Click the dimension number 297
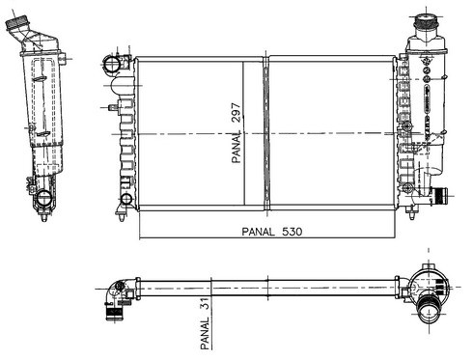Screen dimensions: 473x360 pos(236,112)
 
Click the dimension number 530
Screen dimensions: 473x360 pos(292,232)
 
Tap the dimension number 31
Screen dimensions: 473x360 pos(205,304)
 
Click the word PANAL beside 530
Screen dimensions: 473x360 pos(258,232)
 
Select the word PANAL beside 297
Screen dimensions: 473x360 pos(236,147)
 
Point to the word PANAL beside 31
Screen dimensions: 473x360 pos(205,333)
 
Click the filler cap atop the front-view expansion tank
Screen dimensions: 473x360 pos(426,21)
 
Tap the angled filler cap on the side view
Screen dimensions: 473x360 pos(16,23)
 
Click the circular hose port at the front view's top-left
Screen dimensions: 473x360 pos(112,64)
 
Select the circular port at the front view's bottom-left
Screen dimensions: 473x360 pos(126,199)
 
